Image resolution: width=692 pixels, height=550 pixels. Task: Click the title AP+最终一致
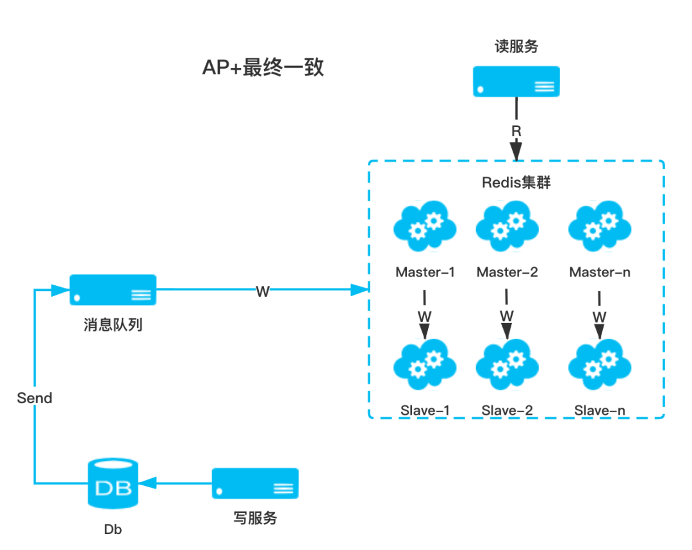pos(263,65)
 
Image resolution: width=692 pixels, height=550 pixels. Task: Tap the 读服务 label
pos(516,46)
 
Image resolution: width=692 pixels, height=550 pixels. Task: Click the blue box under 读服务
pos(516,81)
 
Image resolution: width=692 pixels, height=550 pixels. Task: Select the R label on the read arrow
pos(516,131)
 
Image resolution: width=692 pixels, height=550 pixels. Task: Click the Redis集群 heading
pos(516,183)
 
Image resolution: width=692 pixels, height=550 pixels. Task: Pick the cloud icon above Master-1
pos(425,227)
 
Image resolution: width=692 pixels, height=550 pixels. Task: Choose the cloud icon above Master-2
pos(507,227)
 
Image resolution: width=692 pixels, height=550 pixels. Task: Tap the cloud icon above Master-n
pos(600,227)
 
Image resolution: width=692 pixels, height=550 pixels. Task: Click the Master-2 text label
pos(507,272)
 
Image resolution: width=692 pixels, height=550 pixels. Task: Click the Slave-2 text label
pos(507,410)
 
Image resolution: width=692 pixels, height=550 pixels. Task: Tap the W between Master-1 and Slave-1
pos(424,317)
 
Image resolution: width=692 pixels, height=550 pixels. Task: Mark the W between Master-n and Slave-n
pos(599,317)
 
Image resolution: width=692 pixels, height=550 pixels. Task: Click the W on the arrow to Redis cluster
pos(263,290)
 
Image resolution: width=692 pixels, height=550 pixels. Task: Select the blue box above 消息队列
pos(113,290)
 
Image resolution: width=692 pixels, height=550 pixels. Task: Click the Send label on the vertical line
pos(35,397)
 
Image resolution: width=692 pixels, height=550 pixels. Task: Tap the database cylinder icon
pos(113,483)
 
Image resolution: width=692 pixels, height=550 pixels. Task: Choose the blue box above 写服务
pos(255,483)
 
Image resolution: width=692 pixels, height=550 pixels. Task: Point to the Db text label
pos(113,529)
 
